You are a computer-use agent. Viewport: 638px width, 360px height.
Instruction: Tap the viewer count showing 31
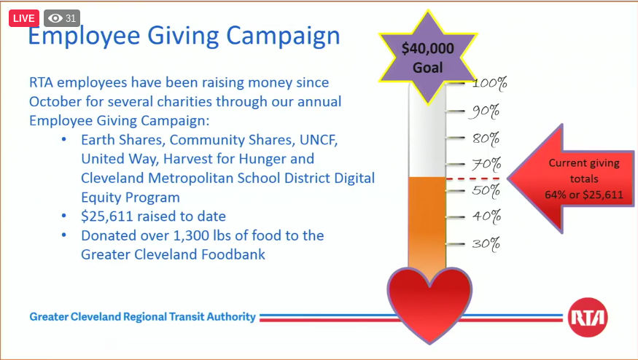click(62, 18)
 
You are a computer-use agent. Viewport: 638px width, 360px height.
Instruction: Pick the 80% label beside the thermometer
click(486, 138)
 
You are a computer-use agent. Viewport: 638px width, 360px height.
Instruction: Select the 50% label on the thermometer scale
click(485, 191)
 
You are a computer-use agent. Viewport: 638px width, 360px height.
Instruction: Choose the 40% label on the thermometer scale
click(485, 216)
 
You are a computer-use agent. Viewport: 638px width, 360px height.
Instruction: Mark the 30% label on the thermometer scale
click(486, 243)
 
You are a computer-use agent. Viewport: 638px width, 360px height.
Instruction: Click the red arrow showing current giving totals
click(569, 179)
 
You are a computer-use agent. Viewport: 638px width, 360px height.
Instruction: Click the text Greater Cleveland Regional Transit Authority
click(143, 317)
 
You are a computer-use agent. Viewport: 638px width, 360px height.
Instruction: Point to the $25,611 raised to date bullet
click(153, 216)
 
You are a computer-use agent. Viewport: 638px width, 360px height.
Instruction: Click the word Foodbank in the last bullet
click(238, 254)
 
